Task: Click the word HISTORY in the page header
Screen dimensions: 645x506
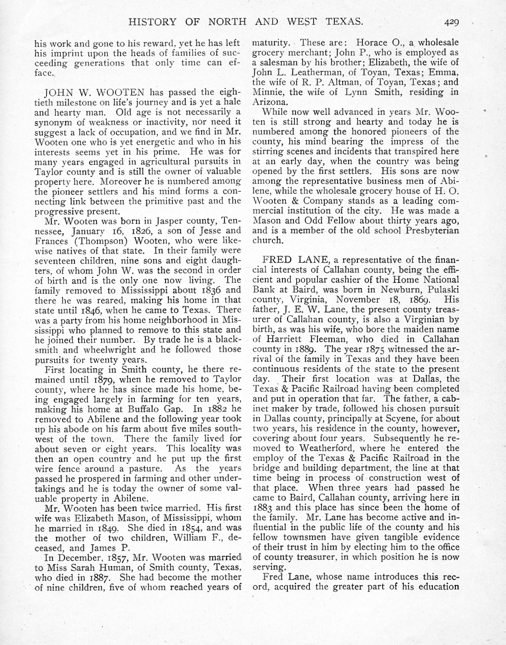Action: click(x=152, y=21)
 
